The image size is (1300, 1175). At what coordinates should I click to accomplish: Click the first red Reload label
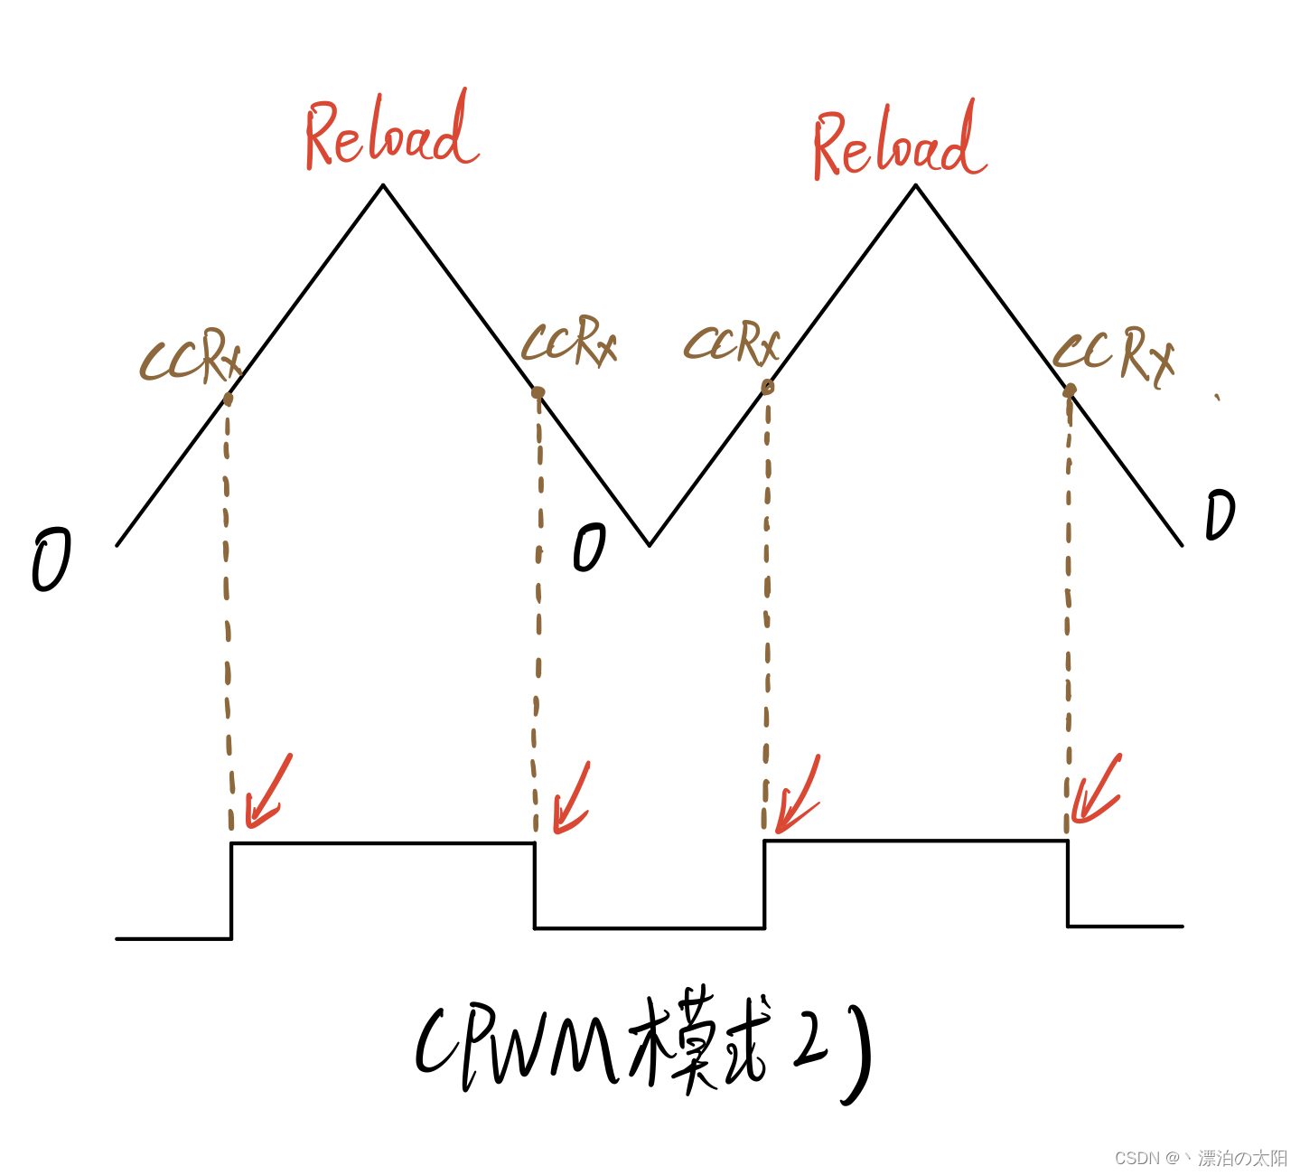(x=390, y=134)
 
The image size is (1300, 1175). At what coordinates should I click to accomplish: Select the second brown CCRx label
(x=569, y=342)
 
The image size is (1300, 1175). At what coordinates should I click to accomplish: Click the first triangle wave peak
(x=383, y=186)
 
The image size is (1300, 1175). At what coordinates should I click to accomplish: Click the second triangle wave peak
(x=916, y=186)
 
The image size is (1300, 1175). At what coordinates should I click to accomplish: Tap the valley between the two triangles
(x=650, y=544)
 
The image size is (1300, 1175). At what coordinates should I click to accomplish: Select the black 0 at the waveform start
(x=51, y=560)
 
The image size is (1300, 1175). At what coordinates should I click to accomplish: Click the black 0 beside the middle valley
(x=589, y=548)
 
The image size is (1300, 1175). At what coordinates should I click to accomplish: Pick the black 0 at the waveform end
(x=1220, y=515)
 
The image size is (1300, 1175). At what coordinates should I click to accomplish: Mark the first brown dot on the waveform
(x=228, y=399)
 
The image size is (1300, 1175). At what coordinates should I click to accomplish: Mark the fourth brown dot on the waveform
(x=1070, y=390)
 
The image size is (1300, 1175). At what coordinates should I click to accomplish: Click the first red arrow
(x=267, y=792)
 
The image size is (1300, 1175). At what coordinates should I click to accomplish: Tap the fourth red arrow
(x=1097, y=790)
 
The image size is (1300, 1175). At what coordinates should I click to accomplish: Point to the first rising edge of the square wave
(x=232, y=890)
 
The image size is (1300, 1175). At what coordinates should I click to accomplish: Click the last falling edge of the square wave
(x=1068, y=883)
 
